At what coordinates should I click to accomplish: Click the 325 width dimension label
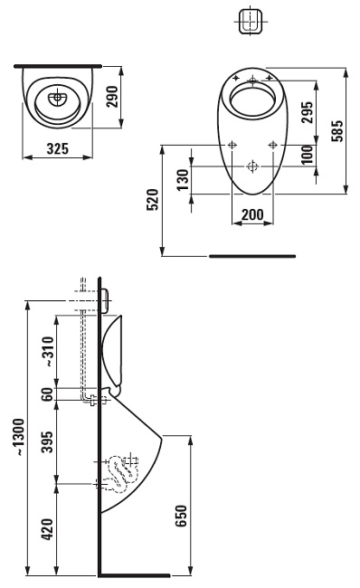[58, 148]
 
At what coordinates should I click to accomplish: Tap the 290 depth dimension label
[112, 97]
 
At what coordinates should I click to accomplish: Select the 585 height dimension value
[336, 130]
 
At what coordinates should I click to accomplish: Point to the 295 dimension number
[308, 112]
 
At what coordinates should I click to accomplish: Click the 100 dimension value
[308, 155]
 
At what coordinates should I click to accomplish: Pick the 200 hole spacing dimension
[252, 214]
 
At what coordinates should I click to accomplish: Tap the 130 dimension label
[183, 180]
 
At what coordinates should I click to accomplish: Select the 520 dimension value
[153, 200]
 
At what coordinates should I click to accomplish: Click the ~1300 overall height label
[18, 437]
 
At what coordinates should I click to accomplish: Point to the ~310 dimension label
[48, 351]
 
